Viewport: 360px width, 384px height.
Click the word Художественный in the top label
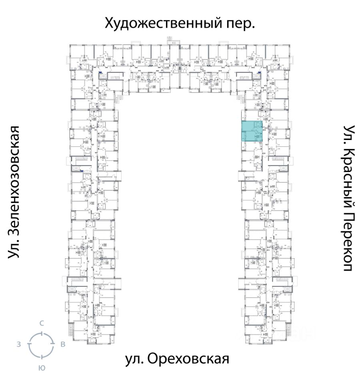pyautogui.click(x=162, y=24)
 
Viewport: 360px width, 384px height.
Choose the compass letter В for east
pyautogui.click(x=63, y=344)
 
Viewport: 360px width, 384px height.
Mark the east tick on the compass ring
pyautogui.click(x=53, y=344)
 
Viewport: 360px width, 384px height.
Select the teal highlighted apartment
pyautogui.click(x=252, y=132)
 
